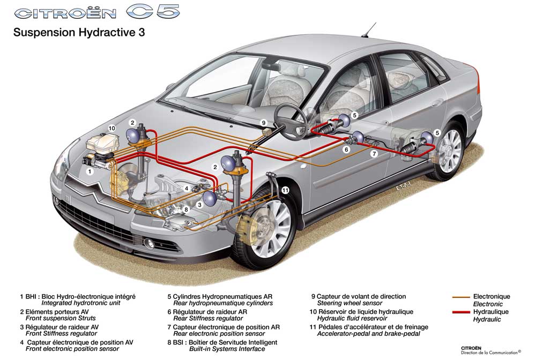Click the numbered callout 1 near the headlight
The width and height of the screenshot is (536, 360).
tap(90, 172)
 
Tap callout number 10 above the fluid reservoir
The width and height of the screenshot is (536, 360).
tap(111, 129)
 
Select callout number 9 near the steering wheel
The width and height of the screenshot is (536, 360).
tap(264, 123)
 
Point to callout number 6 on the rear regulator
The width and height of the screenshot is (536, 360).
tap(347, 149)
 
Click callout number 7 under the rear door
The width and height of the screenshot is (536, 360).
tap(375, 154)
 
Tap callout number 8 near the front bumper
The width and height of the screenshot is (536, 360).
tap(186, 209)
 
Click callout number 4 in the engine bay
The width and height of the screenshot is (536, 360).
tap(187, 189)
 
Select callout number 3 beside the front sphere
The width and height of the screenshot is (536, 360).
tap(199, 204)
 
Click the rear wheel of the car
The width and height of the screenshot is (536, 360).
tap(449, 150)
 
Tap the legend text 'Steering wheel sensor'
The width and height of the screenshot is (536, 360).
tap(349, 303)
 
